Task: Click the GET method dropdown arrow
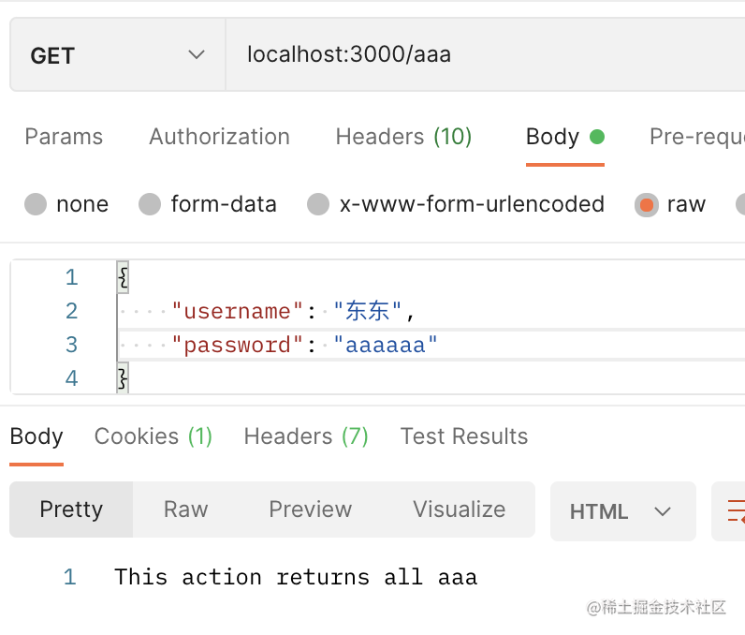point(197,54)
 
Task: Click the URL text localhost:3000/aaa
point(349,54)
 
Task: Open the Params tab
point(64,137)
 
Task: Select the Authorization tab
point(220,137)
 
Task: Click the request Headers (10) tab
point(403,137)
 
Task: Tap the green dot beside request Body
point(597,137)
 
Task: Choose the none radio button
point(36,204)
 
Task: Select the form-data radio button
point(150,204)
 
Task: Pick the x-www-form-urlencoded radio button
point(318,204)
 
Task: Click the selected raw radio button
point(647,205)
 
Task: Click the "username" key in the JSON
point(237,311)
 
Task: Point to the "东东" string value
point(367,311)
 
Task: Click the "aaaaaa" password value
point(385,345)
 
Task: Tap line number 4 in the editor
point(71,378)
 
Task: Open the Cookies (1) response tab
point(153,436)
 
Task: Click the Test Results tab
point(464,436)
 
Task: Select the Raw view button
point(185,509)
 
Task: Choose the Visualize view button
point(459,509)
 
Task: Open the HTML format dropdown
point(623,511)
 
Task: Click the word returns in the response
point(323,578)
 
